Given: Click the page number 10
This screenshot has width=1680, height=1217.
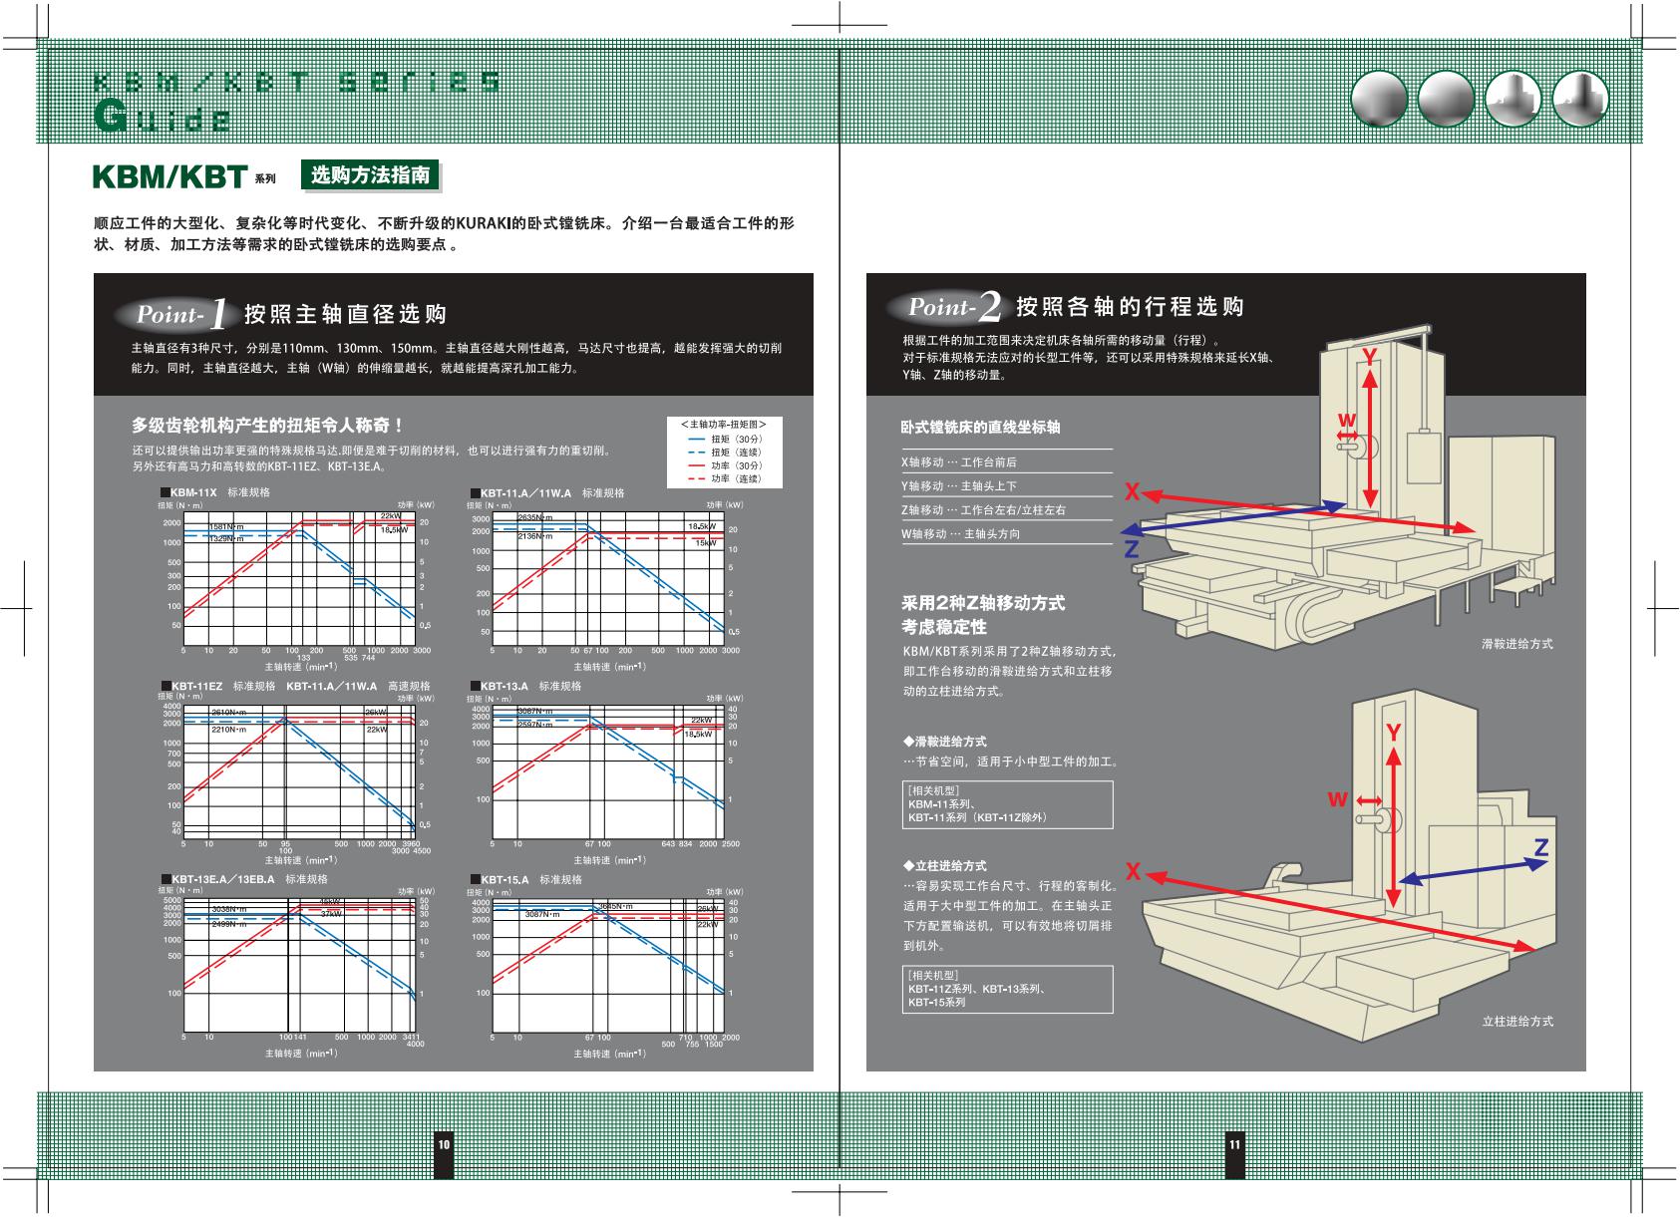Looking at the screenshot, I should coord(444,1144).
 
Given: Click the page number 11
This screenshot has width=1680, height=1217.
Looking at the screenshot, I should coord(1234,1144).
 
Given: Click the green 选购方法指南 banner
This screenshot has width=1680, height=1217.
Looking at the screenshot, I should coord(370,175).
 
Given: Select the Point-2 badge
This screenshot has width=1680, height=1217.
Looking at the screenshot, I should coord(954,307).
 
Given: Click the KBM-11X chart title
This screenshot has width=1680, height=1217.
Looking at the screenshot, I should coord(193,492).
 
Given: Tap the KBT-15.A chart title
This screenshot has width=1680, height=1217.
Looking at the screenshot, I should coord(504,880).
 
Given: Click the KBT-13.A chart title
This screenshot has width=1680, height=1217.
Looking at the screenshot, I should coord(504,687).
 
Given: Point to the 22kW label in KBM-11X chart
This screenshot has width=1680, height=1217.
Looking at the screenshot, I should coord(390,516).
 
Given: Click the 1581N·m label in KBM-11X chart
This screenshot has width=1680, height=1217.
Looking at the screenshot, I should coord(226,526).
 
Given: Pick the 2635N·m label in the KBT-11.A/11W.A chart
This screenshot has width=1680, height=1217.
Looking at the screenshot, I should coord(535,517).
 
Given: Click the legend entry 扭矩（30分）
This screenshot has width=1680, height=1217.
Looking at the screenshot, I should coord(737,439).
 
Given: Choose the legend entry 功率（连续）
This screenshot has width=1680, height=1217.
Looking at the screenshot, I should coord(737,479).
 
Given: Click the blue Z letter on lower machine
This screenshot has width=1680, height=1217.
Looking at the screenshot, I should coord(1540,848).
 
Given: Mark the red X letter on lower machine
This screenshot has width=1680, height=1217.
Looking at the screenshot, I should coord(1133,872).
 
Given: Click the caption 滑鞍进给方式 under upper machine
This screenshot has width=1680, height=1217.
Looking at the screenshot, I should coord(1516,644).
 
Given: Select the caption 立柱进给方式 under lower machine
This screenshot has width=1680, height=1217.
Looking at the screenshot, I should coord(1516,1022).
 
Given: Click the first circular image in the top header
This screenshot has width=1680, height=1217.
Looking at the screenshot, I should coord(1378,100).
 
